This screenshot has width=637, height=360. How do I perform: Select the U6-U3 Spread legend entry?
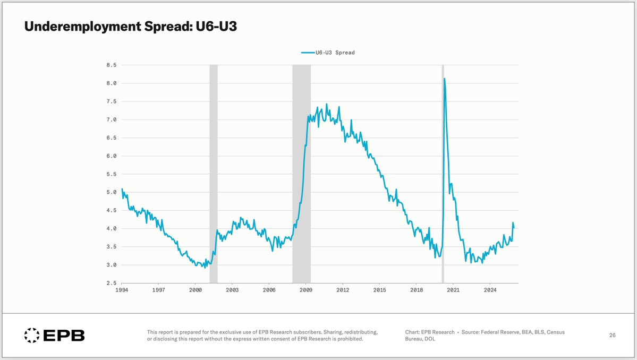tap(328, 53)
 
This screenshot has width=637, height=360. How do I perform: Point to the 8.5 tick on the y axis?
tap(112, 65)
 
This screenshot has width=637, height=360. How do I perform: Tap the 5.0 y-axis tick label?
tap(112, 192)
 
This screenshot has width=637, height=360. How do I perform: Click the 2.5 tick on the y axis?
tap(112, 283)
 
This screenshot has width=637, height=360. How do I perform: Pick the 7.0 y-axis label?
tap(112, 120)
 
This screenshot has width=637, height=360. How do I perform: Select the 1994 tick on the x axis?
tap(122, 290)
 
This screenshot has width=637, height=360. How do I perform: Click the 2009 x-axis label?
tap(306, 290)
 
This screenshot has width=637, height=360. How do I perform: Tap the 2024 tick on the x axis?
tap(490, 290)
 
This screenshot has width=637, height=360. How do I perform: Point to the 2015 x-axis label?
tap(380, 290)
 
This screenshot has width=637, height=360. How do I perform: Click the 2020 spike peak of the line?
tap(444, 79)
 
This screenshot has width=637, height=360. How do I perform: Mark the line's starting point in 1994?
tap(122, 189)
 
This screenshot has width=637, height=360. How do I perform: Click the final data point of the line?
tap(514, 228)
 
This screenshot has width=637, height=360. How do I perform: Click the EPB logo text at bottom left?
tap(64, 336)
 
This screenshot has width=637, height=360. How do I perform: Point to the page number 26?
tap(612, 336)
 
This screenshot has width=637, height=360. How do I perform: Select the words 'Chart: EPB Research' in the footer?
tap(430, 332)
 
